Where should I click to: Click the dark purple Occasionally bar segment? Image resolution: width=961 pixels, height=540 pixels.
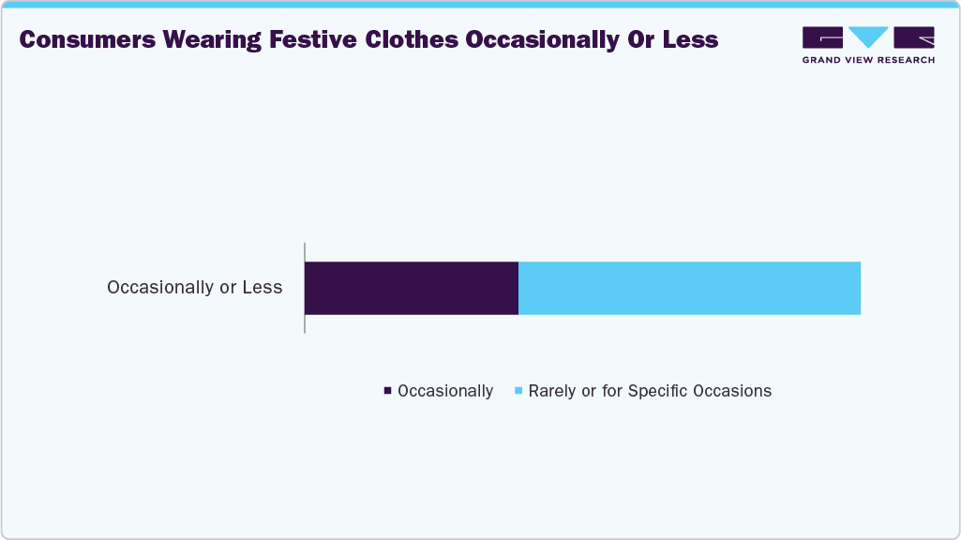pyautogui.click(x=412, y=288)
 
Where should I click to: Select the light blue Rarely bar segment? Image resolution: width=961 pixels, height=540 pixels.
pyautogui.click(x=689, y=288)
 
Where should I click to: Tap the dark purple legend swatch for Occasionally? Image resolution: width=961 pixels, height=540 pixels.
pyautogui.click(x=387, y=391)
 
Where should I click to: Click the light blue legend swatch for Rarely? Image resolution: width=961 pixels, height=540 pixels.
pyautogui.click(x=518, y=391)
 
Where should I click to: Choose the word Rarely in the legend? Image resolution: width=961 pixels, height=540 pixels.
pyautogui.click(x=552, y=391)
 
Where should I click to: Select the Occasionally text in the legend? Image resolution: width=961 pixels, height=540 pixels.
pyautogui.click(x=445, y=391)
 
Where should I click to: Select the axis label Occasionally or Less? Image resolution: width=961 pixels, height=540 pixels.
pyautogui.click(x=194, y=288)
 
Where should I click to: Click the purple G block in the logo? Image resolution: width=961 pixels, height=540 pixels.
pyautogui.click(x=822, y=37)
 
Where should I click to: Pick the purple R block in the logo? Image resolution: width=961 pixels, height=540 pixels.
pyautogui.click(x=914, y=37)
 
